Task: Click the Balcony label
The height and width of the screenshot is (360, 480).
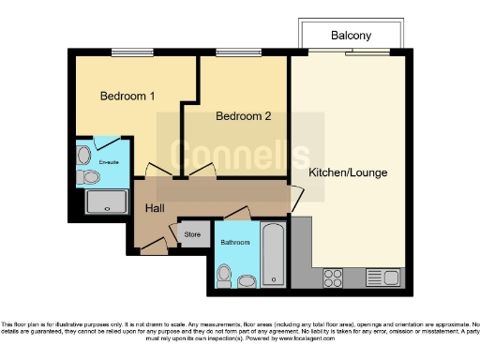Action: click(352, 36)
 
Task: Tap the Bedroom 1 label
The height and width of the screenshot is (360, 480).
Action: click(127, 96)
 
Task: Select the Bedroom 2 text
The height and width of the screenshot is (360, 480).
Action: click(243, 116)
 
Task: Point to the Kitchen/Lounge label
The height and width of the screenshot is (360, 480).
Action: click(348, 173)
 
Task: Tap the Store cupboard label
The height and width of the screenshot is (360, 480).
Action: click(192, 234)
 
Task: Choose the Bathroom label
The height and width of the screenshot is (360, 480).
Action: click(235, 243)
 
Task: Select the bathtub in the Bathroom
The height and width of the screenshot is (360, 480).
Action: click(273, 253)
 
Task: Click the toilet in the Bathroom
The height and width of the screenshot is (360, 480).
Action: click(224, 275)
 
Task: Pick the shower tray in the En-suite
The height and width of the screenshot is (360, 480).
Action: click(106, 201)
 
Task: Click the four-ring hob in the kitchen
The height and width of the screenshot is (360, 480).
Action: click(334, 277)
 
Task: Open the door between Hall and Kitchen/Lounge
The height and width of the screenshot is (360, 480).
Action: click(296, 198)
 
